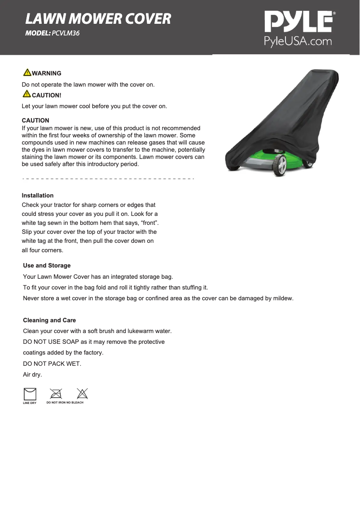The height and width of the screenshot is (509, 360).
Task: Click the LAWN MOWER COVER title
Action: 98,19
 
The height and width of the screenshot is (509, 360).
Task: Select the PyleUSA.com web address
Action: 298,42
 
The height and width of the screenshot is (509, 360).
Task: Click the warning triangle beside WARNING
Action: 27,73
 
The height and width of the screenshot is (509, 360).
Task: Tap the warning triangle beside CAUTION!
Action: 27,94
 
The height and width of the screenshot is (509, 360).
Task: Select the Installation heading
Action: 38,195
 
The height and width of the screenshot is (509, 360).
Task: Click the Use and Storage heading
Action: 47,265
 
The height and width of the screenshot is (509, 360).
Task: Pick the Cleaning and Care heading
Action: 49,320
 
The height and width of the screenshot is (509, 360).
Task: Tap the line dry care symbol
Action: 30,394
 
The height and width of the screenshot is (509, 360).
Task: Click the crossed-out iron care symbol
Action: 56,394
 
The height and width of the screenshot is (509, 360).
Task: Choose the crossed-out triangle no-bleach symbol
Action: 82,394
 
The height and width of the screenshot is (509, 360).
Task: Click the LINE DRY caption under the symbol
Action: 30,403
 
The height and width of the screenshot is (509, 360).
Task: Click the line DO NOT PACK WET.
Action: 52,364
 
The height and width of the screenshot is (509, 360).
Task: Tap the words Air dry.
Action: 32,374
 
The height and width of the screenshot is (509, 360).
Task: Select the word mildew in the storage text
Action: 283,298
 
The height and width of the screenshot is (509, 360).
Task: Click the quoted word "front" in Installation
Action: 149,223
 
